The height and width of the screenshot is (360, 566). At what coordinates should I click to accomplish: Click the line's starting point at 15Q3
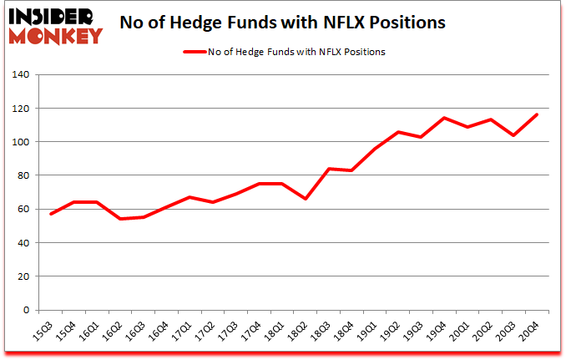pyautogui.click(x=52, y=214)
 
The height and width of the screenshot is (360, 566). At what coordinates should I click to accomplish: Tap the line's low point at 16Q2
pyautogui.click(x=120, y=219)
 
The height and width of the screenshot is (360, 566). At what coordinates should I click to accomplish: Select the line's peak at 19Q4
pyautogui.click(x=443, y=118)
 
